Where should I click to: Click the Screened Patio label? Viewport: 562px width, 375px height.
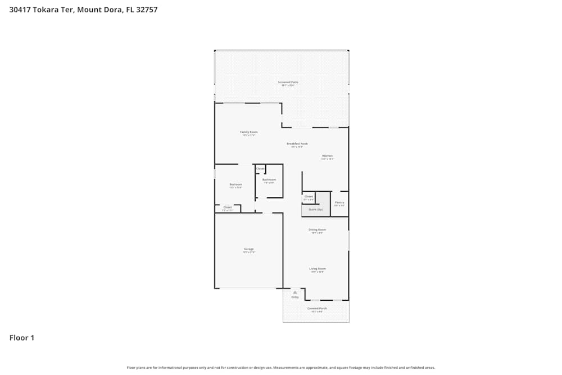(x=288, y=82)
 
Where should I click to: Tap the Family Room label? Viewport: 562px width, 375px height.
(x=249, y=132)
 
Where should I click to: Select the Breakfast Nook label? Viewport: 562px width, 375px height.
(x=297, y=144)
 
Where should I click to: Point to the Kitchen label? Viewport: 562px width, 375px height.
(x=327, y=156)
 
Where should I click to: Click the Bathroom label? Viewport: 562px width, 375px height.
(x=269, y=180)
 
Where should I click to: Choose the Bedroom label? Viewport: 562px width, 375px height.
(x=235, y=184)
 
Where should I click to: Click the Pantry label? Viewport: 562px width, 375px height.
(x=339, y=202)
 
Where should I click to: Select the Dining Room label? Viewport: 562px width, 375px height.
(x=317, y=229)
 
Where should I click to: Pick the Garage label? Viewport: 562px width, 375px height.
(x=248, y=249)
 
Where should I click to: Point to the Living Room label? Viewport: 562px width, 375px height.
(x=318, y=269)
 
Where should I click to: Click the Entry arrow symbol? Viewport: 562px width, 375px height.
(x=294, y=292)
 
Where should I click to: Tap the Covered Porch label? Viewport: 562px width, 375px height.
(x=317, y=308)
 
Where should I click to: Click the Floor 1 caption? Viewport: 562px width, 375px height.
(x=22, y=338)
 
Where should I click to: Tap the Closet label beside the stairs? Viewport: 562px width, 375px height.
(x=309, y=196)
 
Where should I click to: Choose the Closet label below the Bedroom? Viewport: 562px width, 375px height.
(x=228, y=207)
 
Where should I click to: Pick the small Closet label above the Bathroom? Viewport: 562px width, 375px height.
(x=260, y=169)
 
